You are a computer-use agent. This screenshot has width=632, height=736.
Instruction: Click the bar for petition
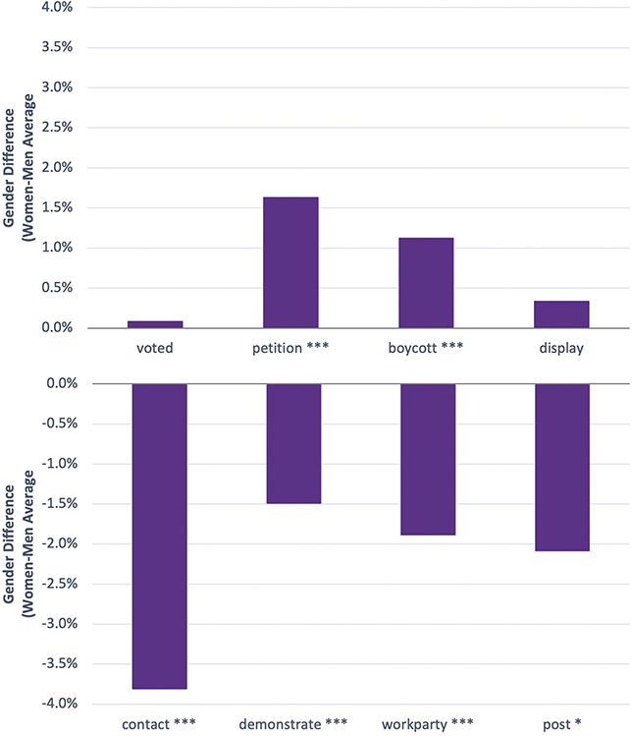point(290,262)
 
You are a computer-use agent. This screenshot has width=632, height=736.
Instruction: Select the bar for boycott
point(426,283)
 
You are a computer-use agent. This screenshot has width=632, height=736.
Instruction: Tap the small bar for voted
point(155,323)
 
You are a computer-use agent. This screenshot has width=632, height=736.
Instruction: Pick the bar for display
point(561,314)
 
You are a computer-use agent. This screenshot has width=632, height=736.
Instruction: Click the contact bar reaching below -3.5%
point(159,537)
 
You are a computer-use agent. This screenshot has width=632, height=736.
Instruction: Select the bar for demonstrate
point(293,443)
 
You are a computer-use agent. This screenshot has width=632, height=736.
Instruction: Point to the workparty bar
point(428,459)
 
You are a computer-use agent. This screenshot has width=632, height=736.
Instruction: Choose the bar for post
point(561,467)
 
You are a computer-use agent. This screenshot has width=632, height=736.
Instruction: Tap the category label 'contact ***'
point(159,724)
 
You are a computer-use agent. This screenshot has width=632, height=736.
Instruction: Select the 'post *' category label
point(561,724)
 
